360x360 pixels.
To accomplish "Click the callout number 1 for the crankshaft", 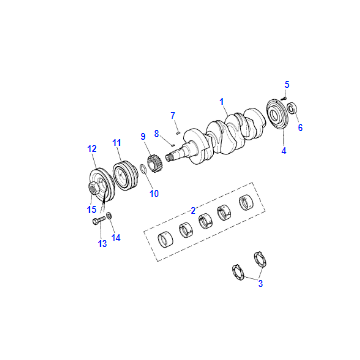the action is point(221,101).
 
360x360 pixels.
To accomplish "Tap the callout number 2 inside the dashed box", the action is point(193,210).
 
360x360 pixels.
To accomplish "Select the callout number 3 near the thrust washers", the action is point(260,284).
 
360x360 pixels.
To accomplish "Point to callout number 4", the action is point(283,151).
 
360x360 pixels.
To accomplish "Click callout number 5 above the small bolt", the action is point(287,85).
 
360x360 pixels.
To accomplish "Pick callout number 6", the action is point(300,127).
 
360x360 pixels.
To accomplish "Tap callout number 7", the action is point(173,116).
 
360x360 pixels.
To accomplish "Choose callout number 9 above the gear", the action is point(143,136).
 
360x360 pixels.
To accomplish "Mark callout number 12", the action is point(91,149).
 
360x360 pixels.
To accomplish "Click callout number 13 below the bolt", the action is point(102,244).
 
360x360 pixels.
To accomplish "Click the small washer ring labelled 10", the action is point(142,170).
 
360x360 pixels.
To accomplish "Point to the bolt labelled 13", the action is point(99,220).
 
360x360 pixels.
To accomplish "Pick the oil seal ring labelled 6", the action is point(291,108).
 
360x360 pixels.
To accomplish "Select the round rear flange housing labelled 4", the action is point(277,114).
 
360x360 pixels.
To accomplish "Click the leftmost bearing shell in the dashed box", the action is point(166,238).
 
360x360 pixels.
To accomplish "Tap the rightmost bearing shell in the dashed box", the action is point(247,201).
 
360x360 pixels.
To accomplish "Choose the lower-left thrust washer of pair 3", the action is point(238,272).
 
